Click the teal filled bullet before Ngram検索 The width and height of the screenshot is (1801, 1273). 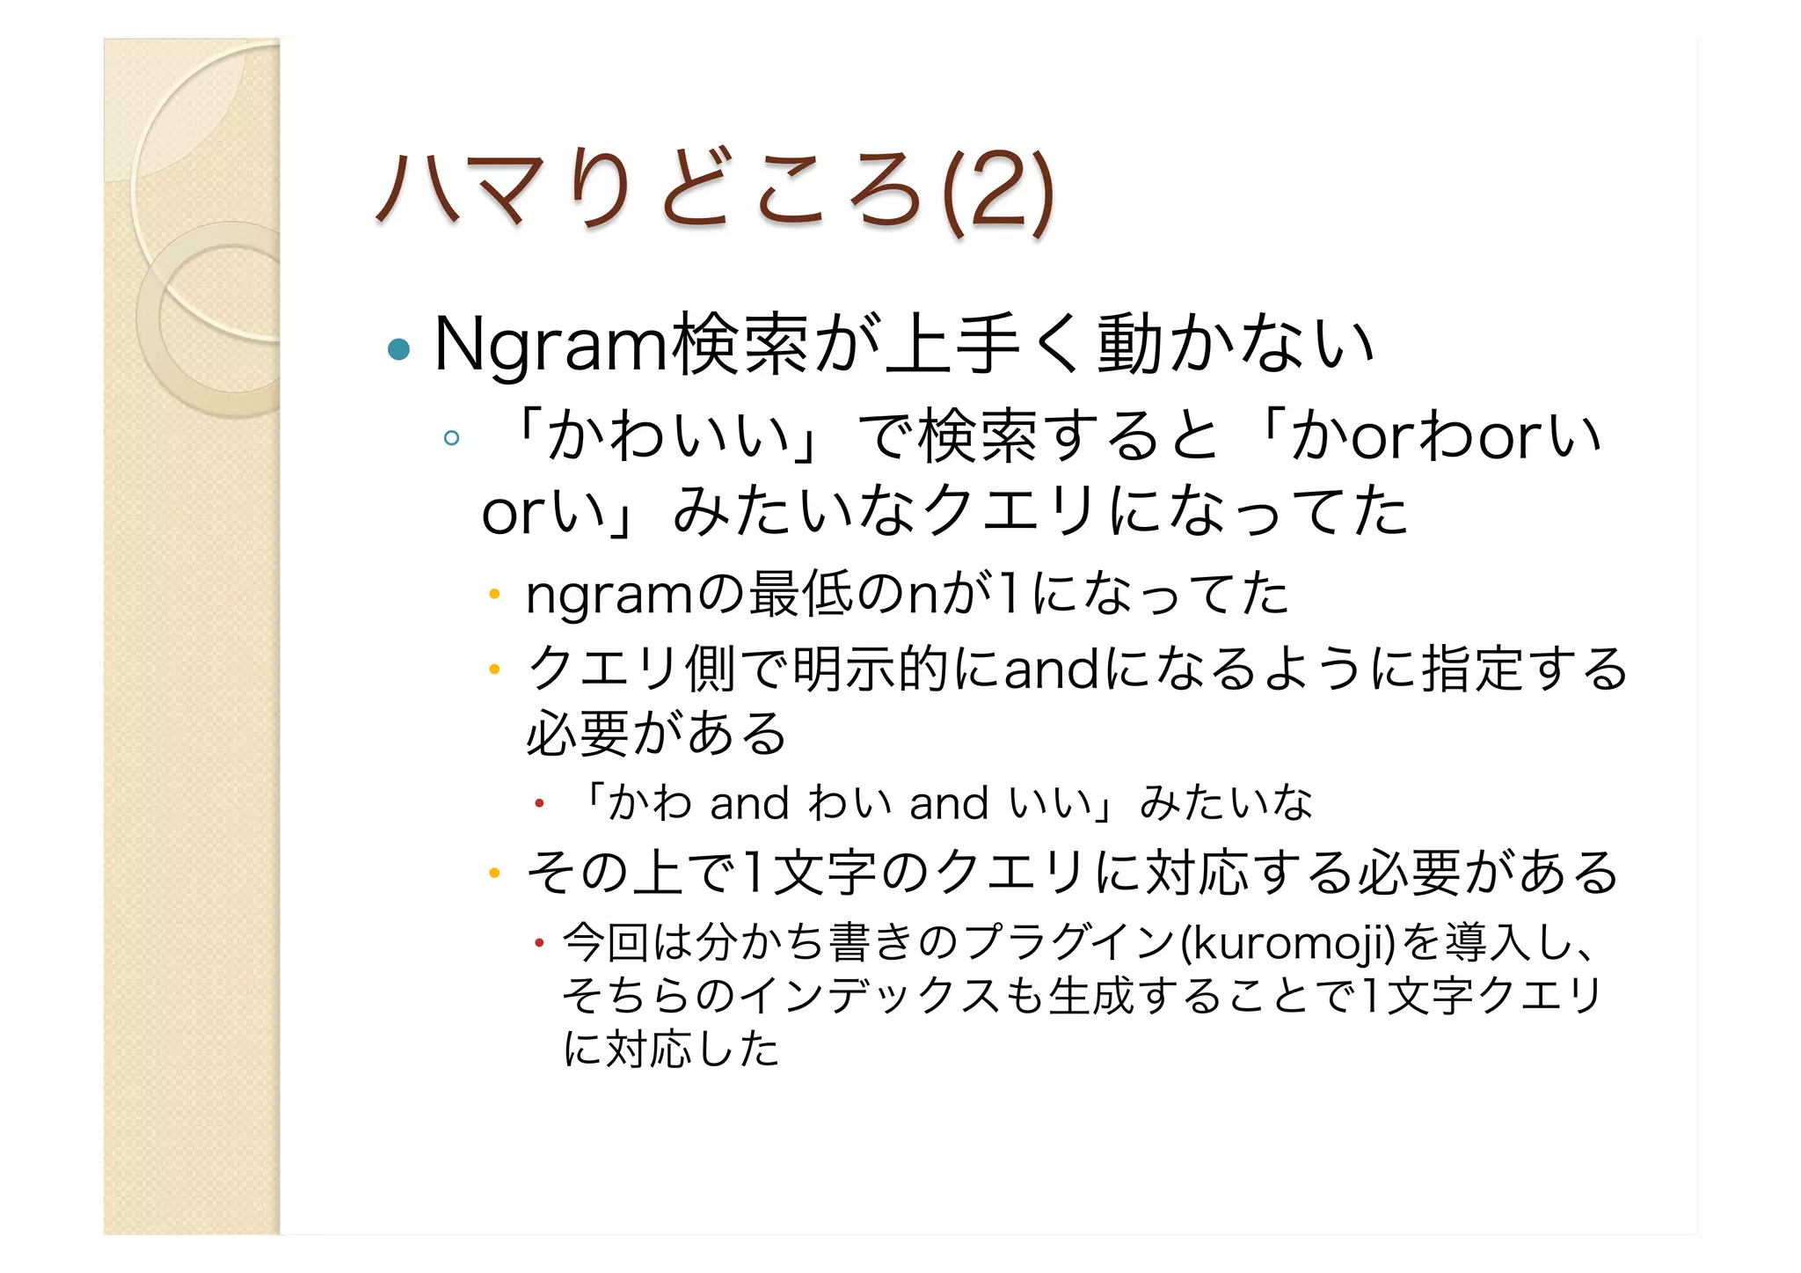click(x=398, y=349)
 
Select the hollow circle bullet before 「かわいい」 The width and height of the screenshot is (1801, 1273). click(x=452, y=437)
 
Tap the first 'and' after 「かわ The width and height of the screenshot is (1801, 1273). click(x=749, y=804)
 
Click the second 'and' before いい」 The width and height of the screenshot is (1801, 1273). click(x=949, y=804)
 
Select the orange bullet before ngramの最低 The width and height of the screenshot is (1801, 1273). click(x=494, y=595)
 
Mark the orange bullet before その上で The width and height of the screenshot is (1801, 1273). click(x=494, y=874)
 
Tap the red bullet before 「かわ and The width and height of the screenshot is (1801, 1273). click(x=540, y=803)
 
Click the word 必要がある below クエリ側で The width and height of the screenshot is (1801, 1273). click(x=656, y=734)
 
